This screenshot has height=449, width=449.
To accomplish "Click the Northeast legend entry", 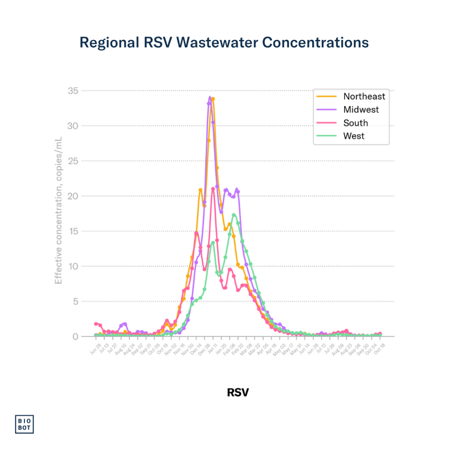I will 364,96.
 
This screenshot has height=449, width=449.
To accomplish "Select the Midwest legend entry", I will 360,110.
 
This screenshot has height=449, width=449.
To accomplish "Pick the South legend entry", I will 355,123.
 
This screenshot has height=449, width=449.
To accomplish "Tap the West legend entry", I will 353,136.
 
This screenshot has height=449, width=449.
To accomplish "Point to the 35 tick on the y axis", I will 73,91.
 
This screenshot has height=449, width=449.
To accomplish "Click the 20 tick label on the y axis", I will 73,196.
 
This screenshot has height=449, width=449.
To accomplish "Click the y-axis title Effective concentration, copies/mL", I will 58,210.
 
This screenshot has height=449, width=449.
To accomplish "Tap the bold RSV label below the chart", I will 238,392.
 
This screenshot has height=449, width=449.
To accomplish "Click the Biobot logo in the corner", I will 25,424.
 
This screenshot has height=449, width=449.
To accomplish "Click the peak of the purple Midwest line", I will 210,97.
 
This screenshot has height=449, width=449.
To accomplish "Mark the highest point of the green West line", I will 234,215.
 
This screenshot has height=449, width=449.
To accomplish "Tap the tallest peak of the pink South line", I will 213,189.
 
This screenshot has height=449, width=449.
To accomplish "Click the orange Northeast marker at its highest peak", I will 213,99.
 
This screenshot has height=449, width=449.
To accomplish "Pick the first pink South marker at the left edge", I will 96,324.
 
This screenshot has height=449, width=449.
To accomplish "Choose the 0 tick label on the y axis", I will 75,336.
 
